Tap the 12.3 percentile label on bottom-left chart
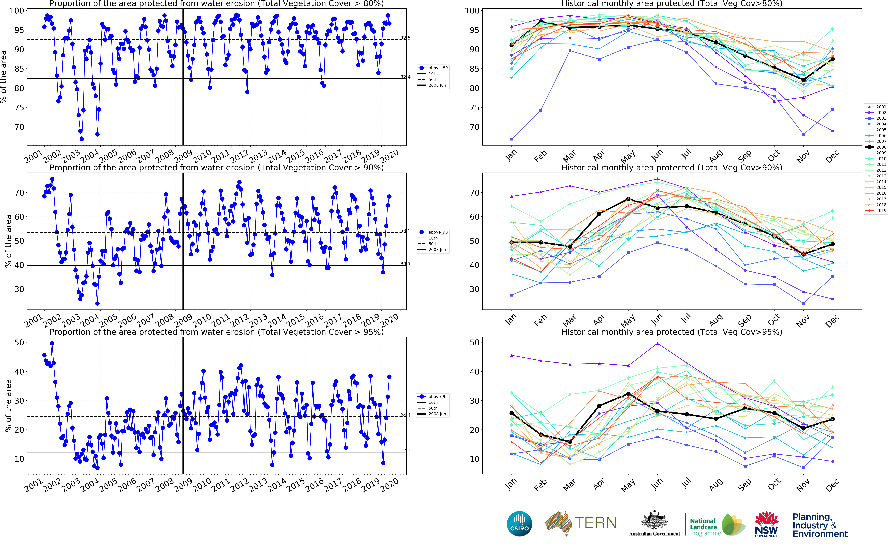(x=405, y=450)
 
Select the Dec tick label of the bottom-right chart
(x=832, y=484)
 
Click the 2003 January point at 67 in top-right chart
(x=512, y=139)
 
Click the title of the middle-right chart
(x=672, y=167)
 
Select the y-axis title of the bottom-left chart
(x=8, y=405)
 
